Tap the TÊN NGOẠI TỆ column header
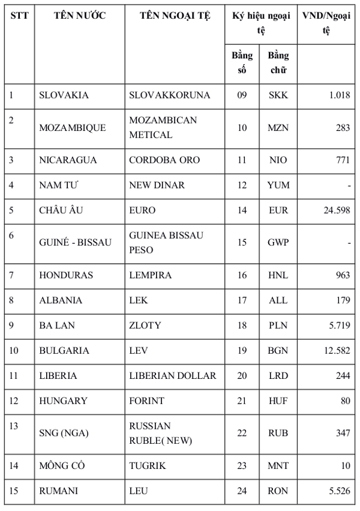(x=175, y=16)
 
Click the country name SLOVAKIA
(x=64, y=95)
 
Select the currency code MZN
(x=278, y=127)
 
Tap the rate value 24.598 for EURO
(x=336, y=211)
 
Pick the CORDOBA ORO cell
(x=164, y=160)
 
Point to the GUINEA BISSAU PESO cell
(x=166, y=242)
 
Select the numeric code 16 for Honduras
(x=242, y=275)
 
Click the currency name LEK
(x=139, y=300)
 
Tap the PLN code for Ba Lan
(x=278, y=325)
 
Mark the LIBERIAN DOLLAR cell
(x=172, y=376)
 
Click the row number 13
(x=15, y=426)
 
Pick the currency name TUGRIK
(x=148, y=465)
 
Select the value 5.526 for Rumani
(x=338, y=491)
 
